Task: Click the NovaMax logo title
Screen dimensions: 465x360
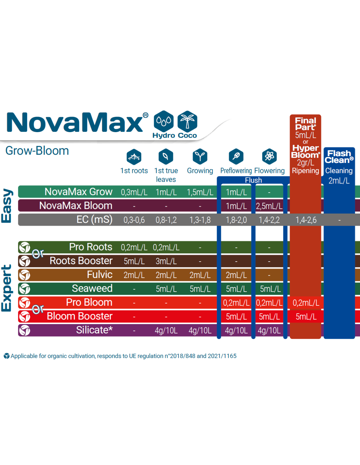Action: click(75, 122)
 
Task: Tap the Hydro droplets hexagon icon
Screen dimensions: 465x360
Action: click(164, 121)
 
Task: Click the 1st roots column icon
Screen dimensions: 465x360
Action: click(134, 157)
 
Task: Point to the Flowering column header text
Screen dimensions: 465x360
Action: click(269, 171)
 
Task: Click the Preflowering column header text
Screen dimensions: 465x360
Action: click(236, 171)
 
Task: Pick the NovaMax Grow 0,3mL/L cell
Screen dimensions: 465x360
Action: click(134, 192)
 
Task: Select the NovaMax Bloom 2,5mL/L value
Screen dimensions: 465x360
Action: click(269, 206)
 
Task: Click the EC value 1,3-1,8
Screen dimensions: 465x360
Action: click(200, 220)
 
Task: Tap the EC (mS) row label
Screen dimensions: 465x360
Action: click(94, 219)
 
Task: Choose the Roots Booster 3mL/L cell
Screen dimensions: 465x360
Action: click(166, 261)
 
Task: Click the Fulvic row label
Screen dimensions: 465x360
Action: click(99, 275)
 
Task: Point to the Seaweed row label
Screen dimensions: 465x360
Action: click(92, 288)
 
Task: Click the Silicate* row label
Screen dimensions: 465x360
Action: click(94, 330)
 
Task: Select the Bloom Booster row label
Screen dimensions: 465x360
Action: click(80, 316)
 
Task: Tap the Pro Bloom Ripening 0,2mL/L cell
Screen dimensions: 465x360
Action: click(306, 303)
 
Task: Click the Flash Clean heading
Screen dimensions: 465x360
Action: click(339, 157)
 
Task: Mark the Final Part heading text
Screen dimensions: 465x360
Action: click(305, 124)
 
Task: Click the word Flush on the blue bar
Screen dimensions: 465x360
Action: click(253, 180)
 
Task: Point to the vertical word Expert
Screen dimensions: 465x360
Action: click(7, 288)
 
